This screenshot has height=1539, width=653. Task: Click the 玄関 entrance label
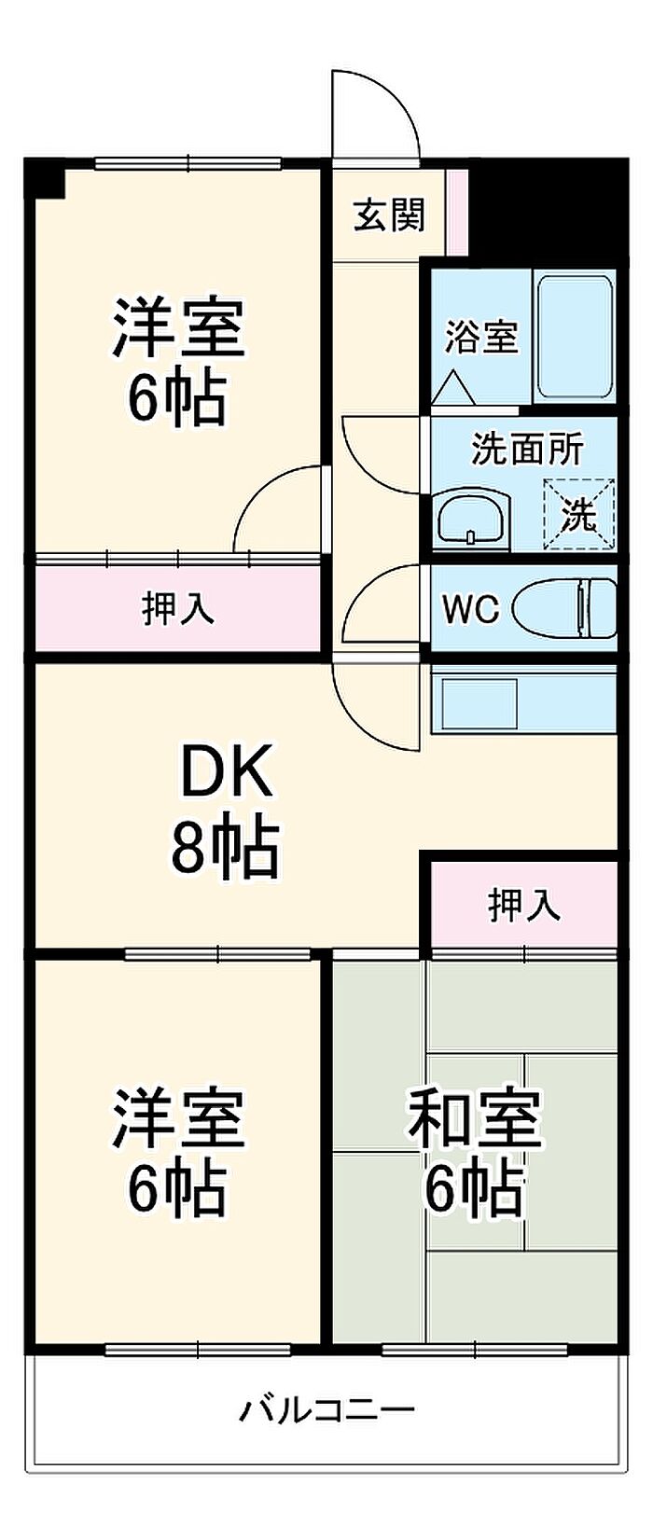(x=389, y=215)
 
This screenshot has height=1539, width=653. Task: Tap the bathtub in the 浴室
(x=575, y=336)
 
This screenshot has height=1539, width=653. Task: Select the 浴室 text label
(x=480, y=337)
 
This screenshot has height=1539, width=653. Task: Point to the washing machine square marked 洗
(x=579, y=513)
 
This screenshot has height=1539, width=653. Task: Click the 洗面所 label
(x=527, y=450)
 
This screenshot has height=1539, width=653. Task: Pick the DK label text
(x=227, y=773)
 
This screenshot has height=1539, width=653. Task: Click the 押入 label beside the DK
(x=524, y=905)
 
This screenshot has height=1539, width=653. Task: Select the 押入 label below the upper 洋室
(x=177, y=608)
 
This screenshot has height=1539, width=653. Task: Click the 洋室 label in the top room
(x=177, y=327)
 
